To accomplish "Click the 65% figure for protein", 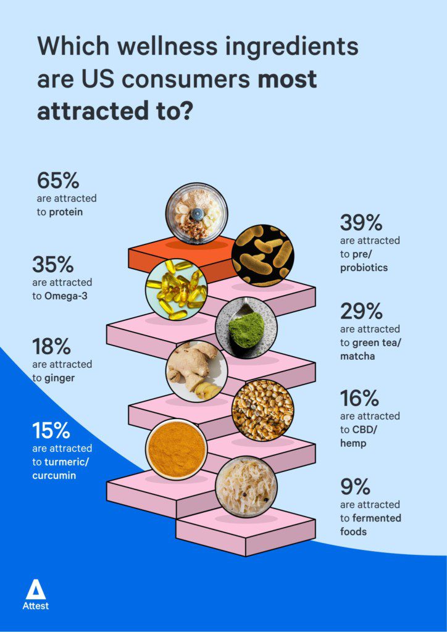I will pyautogui.click(x=58, y=181).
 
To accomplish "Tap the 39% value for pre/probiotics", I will pyautogui.click(x=361, y=222).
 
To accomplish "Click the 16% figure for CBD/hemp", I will pyautogui.click(x=359, y=398).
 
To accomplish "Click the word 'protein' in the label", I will pyautogui.click(x=67, y=212).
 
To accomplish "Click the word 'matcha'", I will pyautogui.click(x=358, y=356).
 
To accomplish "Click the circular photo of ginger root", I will pyautogui.click(x=196, y=372).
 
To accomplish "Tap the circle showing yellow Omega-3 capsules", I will pyautogui.click(x=176, y=289).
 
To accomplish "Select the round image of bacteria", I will pyautogui.click(x=262, y=255).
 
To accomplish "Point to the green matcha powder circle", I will pyautogui.click(x=246, y=328).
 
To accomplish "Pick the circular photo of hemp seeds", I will pyautogui.click(x=262, y=410).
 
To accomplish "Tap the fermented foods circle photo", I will pyautogui.click(x=246, y=487).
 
